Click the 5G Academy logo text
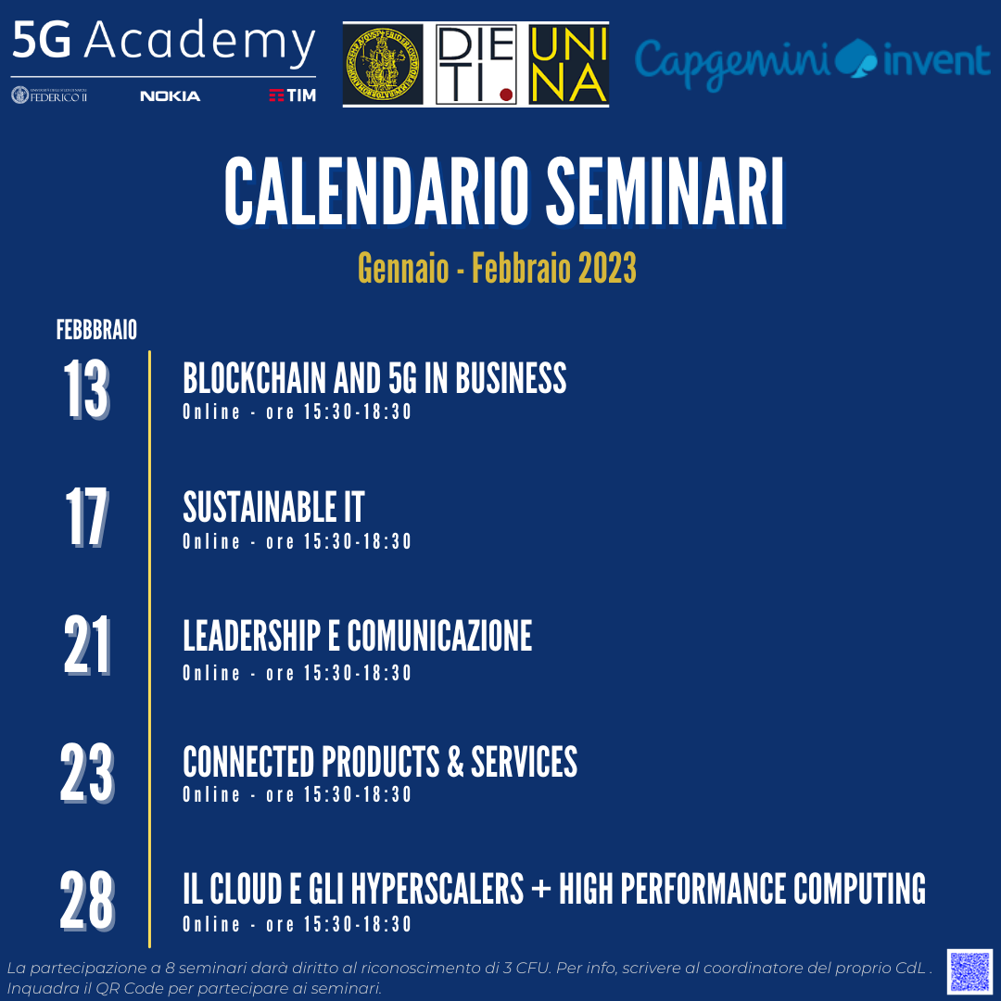coord(163,42)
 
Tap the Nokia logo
coord(170,95)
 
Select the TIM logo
coord(292,95)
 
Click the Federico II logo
coord(49,95)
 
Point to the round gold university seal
coord(383,64)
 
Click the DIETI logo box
coord(476,64)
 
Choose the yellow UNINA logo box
coord(568,64)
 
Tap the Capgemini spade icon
coord(856,58)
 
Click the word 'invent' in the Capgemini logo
coord(936,60)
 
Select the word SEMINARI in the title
coord(665,192)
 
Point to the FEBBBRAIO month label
coord(96,330)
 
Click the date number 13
coord(87,388)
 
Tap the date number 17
coord(87,517)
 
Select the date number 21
coord(87,645)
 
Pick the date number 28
coord(87,901)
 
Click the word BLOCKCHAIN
coord(254,378)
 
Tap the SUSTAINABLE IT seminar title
coord(273,507)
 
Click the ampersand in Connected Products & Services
coord(455,762)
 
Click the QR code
coord(969,971)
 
